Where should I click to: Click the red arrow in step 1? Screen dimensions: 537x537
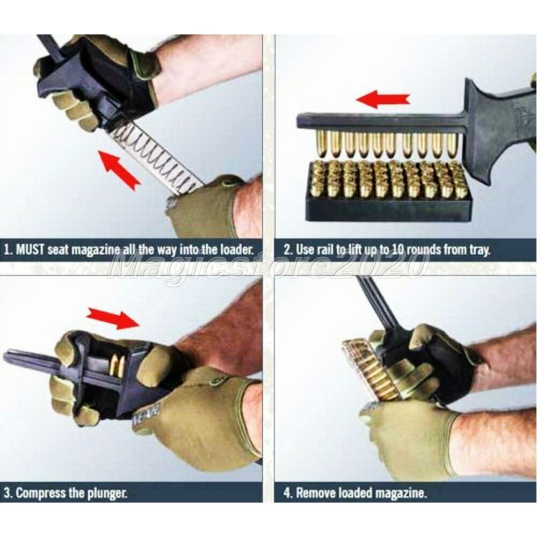[x=119, y=170]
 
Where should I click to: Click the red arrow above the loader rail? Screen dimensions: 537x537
[x=383, y=99]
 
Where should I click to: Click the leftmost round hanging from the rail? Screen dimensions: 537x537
[x=321, y=143]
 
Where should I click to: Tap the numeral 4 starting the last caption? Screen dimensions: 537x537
[x=287, y=493]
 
